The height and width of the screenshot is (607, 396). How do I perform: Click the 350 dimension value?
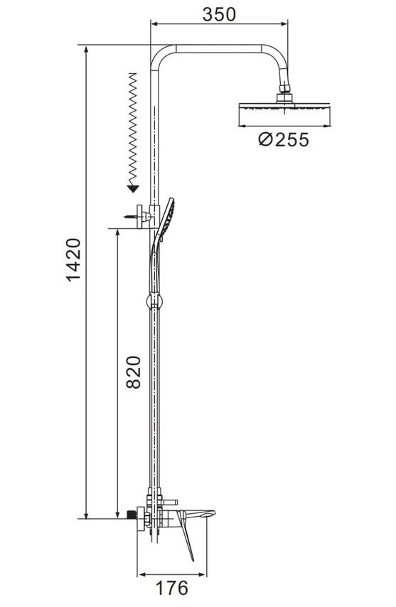219,14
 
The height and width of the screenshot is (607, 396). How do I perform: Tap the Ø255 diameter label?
284,140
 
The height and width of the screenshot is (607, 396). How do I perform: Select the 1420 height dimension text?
74,259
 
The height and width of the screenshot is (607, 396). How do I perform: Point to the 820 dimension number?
134,372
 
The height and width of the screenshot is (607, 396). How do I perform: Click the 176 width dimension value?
171,588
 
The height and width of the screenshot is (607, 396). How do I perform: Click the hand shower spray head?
166,219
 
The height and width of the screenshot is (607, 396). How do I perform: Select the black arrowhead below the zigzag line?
133,189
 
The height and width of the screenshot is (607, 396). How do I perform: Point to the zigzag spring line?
133,129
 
